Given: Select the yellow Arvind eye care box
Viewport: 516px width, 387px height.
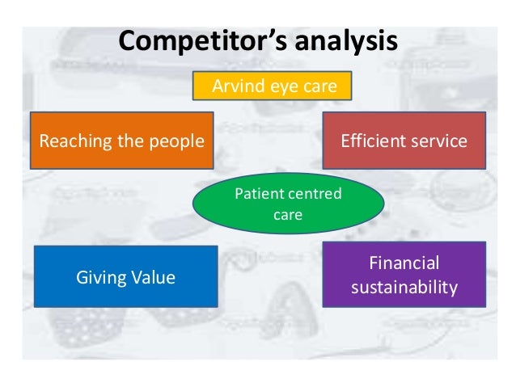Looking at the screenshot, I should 272,86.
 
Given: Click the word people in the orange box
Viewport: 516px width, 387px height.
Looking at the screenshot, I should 176,141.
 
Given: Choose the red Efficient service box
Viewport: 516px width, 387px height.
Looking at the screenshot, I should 404,141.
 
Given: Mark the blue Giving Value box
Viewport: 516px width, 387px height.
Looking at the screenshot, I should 125,277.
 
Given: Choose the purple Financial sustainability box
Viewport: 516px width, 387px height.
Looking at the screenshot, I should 404,275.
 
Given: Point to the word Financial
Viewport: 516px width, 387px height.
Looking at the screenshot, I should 404,264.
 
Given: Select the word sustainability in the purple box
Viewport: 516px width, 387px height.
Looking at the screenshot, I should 404,287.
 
